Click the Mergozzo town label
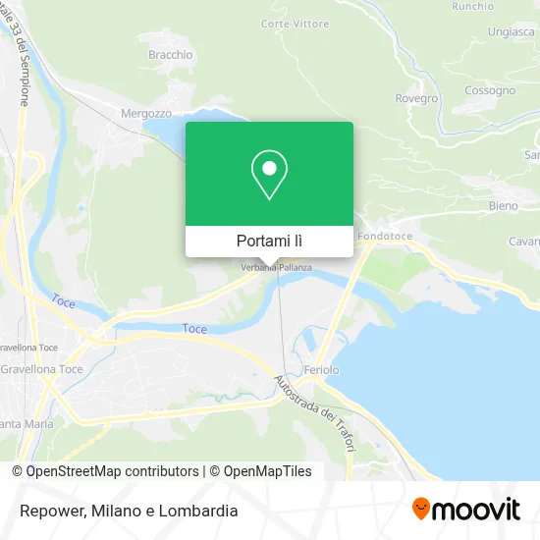139,112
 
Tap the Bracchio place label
171,55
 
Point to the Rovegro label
416,98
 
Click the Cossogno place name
490,90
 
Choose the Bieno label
503,206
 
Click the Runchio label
473,6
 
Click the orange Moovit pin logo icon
421,509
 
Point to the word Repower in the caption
50,511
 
